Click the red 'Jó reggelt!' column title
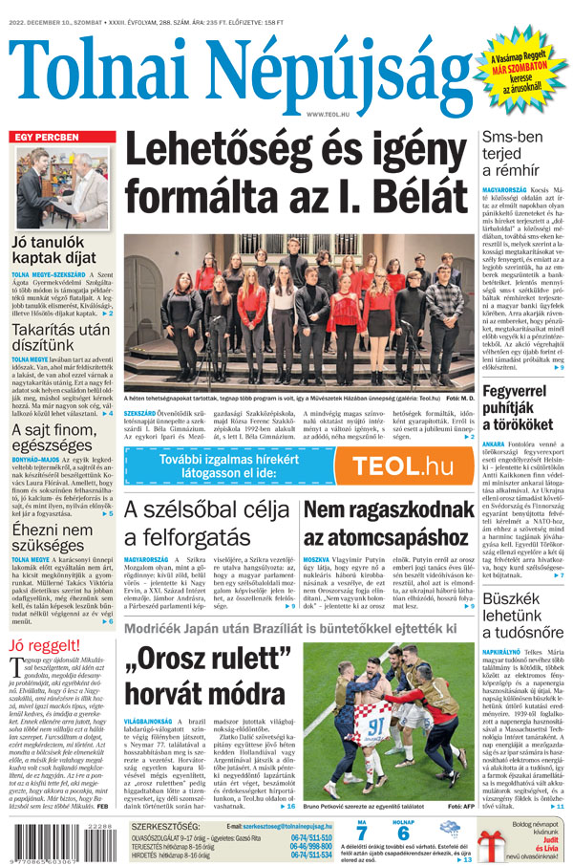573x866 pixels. (44, 646)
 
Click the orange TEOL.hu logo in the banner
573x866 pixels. (402, 466)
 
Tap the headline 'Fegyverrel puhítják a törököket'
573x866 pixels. (526, 408)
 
